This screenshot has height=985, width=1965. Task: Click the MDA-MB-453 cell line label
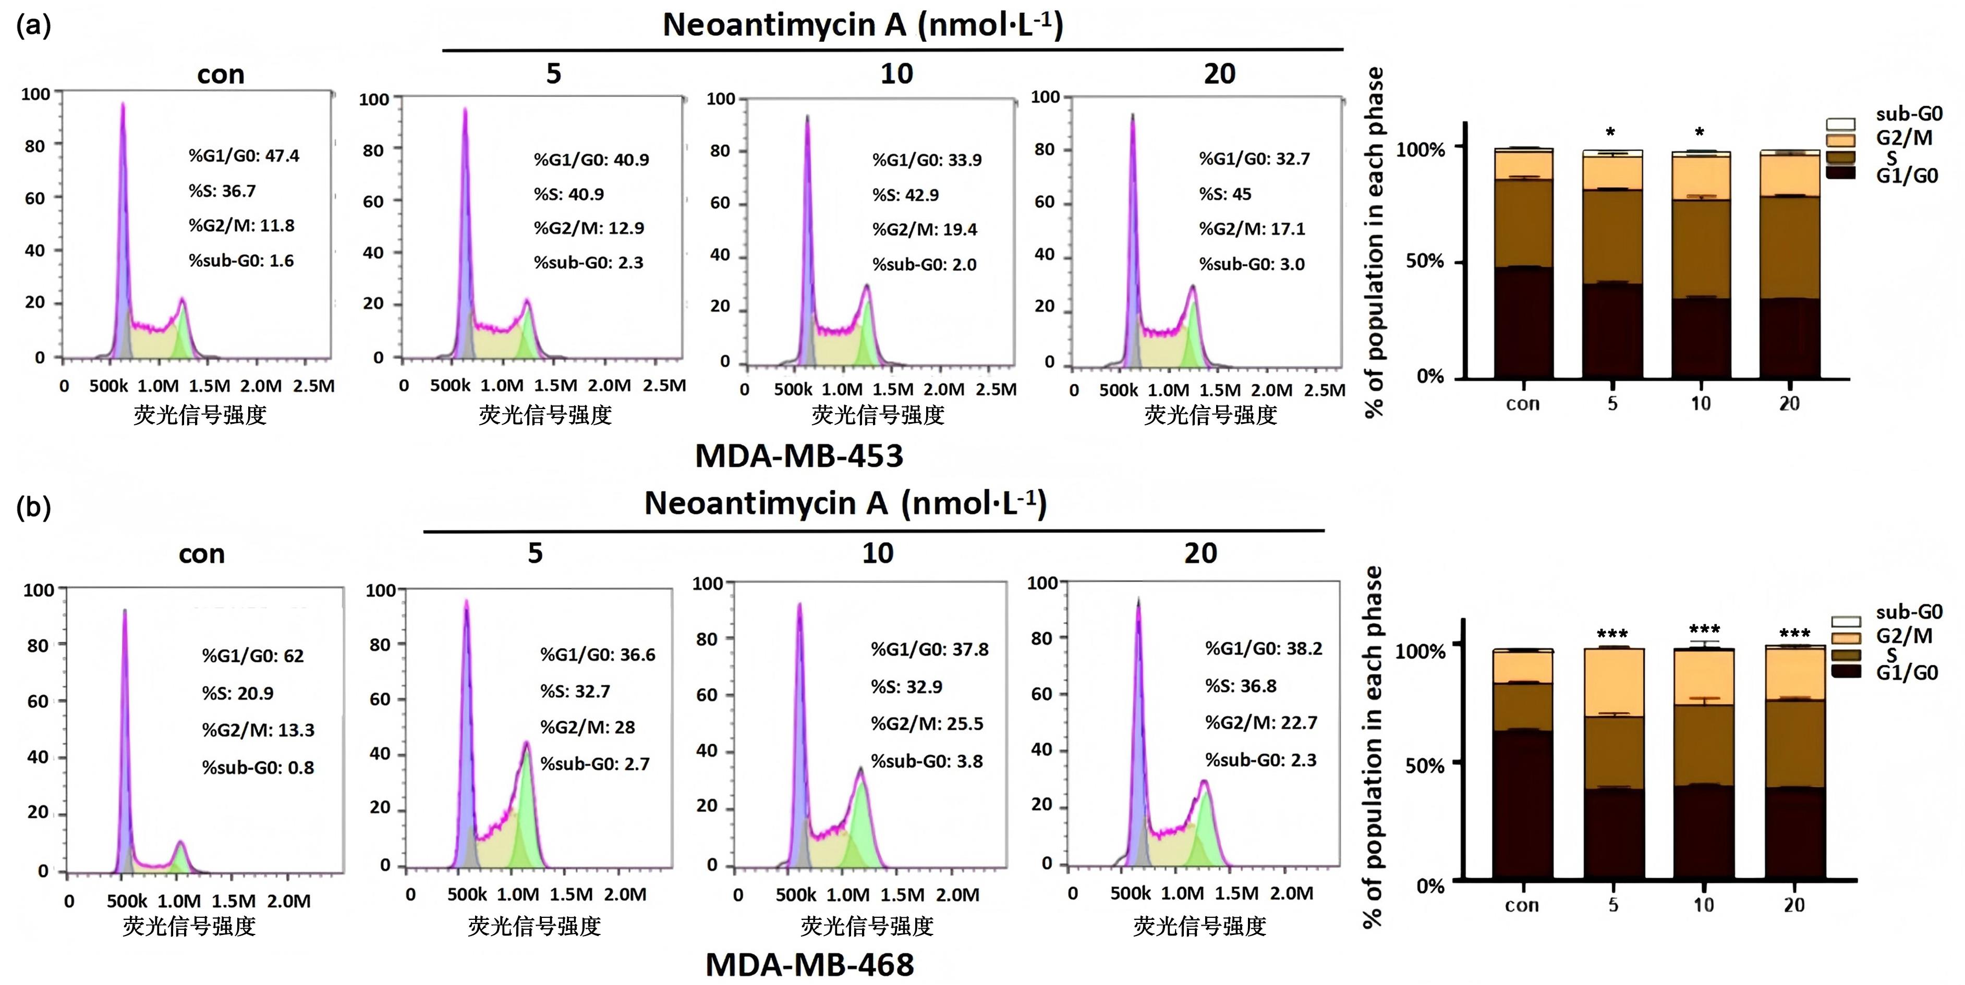click(798, 456)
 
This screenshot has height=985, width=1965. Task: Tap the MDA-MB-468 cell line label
click(809, 965)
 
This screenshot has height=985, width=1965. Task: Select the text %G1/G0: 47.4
click(244, 155)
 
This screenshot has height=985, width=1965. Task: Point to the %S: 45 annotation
click(1225, 194)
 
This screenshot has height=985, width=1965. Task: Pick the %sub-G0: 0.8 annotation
click(258, 767)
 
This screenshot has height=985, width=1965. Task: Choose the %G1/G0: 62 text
click(252, 656)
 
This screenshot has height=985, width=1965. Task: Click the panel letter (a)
click(33, 25)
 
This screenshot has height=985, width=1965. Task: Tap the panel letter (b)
click(33, 507)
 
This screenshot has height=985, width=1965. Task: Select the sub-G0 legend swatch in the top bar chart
click(1840, 124)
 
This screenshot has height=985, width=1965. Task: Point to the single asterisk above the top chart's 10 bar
click(1700, 132)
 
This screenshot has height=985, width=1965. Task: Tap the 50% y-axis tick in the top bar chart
click(1424, 262)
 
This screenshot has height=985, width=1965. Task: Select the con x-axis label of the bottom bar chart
click(1522, 905)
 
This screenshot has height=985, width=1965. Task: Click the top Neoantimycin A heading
click(863, 25)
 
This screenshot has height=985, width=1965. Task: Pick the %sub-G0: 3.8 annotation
click(927, 761)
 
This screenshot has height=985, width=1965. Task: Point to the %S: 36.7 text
click(223, 191)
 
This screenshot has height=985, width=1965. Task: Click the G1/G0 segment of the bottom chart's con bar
click(1523, 804)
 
